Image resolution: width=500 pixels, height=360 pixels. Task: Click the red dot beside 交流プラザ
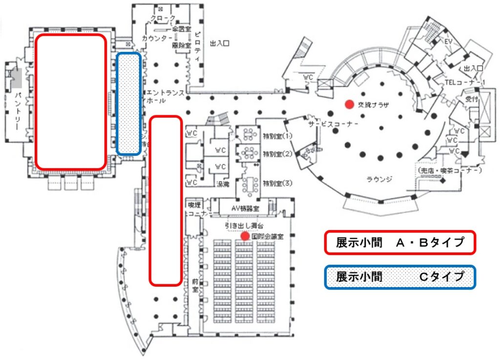click(349, 104)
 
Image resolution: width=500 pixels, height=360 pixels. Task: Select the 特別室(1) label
click(277, 136)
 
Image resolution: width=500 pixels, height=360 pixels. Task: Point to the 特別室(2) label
click(277, 154)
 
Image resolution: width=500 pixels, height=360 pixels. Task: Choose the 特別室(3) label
click(277, 184)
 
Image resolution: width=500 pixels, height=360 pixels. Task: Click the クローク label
click(163, 19)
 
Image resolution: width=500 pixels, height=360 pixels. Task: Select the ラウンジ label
click(379, 179)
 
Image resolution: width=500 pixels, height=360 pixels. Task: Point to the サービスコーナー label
click(333, 124)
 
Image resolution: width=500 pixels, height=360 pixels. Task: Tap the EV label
click(448, 42)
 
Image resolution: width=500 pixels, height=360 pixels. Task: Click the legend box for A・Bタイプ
click(400, 243)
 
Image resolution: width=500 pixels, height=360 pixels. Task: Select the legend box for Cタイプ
click(400, 277)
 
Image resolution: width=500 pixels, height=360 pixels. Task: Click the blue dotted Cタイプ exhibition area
click(129, 104)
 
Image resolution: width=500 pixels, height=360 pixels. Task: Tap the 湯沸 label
click(223, 184)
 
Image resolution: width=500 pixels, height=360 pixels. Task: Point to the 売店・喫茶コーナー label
click(450, 170)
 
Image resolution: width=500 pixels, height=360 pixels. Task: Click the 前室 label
click(195, 285)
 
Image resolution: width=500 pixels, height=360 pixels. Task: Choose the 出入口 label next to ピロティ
click(220, 43)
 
